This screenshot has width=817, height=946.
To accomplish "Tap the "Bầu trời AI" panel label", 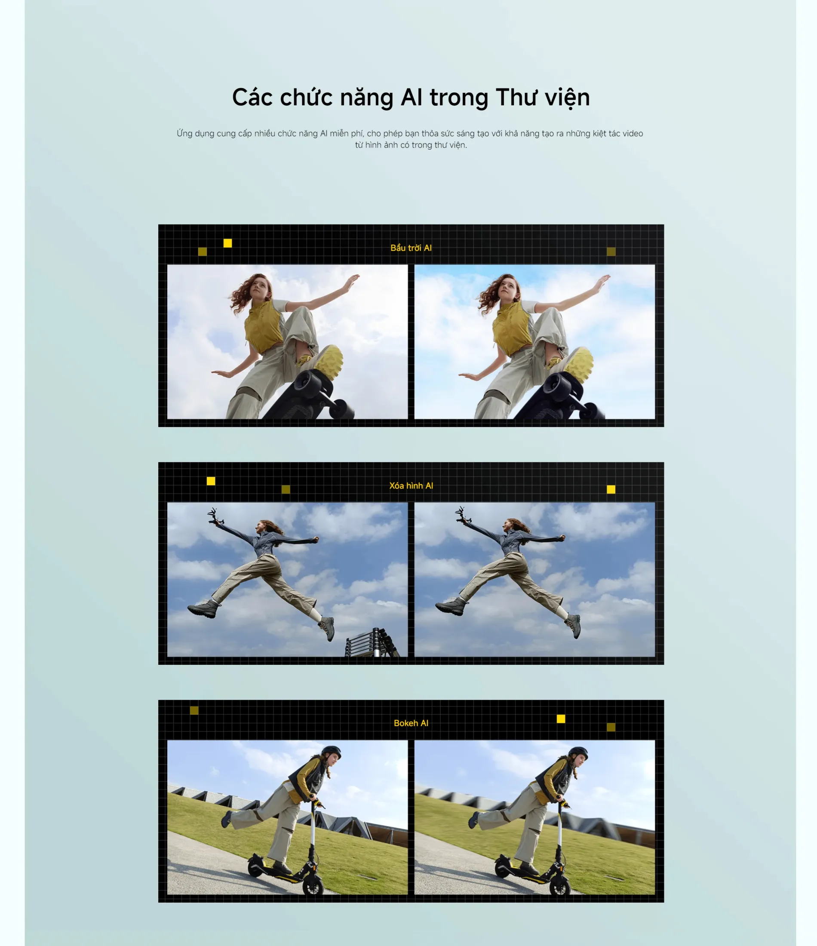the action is pos(411,248).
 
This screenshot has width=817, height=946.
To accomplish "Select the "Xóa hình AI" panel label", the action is pos(411,486).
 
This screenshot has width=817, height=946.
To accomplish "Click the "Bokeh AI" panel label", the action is pos(411,723).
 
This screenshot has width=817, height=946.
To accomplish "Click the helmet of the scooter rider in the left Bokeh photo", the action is pos(331,752).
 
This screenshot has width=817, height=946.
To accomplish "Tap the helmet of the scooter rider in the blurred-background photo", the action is pos(578,752).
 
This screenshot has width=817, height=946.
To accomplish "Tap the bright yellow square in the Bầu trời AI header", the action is pos(227,243).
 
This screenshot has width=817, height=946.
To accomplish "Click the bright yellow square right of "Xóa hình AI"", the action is pos(611,489).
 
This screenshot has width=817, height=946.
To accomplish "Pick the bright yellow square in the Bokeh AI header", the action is pos(561,719).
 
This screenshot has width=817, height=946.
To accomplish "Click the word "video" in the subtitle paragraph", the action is pos(633,133).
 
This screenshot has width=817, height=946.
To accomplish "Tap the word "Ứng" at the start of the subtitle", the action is pos(184,133).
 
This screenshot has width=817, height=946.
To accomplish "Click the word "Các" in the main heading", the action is pos(252,97).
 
